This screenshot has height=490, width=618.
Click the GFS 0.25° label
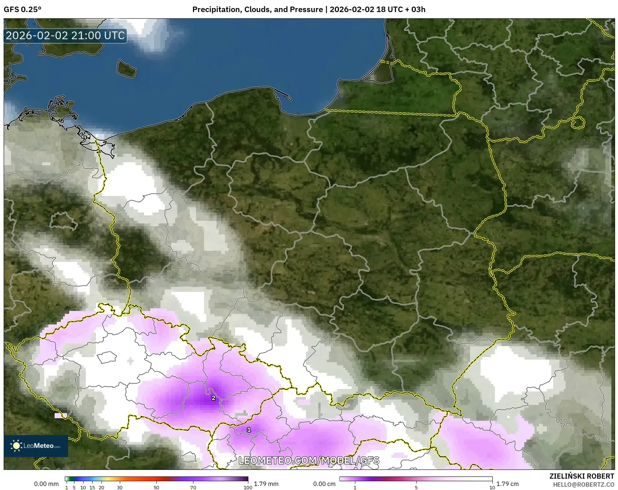pos(22,10)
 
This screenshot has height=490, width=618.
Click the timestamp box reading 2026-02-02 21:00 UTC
pos(65,36)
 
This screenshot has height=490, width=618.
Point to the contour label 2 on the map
pos(213,398)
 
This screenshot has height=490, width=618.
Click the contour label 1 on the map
pos(249,430)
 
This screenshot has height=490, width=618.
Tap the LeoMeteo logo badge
pos(36,446)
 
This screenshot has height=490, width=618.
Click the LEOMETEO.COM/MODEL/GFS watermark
pos(309,460)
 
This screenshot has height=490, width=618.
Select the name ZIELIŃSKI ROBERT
pos(581,476)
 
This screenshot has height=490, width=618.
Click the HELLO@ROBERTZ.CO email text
pos(583,485)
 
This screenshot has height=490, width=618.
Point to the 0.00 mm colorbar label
pos(46,484)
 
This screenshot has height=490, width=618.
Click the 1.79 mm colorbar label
pos(266,484)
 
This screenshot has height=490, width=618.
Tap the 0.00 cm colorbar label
pos(324,484)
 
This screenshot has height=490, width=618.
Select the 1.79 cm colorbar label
pos(507,484)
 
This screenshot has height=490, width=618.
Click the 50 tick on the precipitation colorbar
pos(156,487)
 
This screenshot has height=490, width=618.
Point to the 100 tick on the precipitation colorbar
pos(248,487)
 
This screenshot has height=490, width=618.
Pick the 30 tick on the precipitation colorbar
pos(120,487)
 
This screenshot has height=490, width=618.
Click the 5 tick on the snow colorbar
pos(416,487)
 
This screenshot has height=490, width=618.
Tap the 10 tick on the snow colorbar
pos(492,487)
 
